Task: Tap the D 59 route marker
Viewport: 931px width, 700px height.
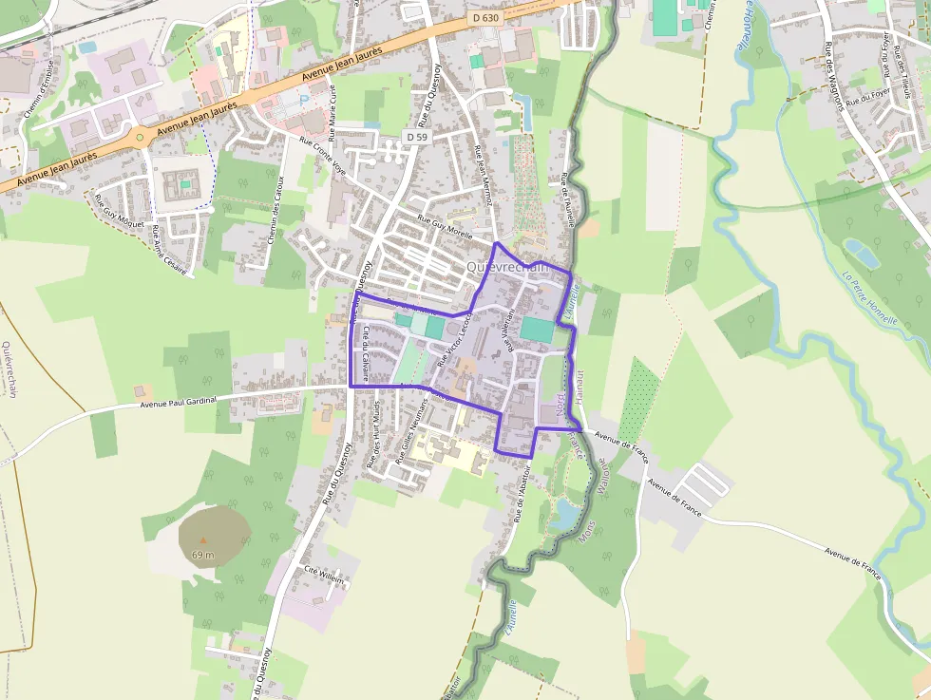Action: click(415, 137)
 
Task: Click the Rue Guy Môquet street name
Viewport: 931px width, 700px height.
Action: click(119, 211)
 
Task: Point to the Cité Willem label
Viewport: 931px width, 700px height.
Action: click(323, 576)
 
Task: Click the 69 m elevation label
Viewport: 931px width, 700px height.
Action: click(202, 554)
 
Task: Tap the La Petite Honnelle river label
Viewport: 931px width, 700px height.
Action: click(869, 296)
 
